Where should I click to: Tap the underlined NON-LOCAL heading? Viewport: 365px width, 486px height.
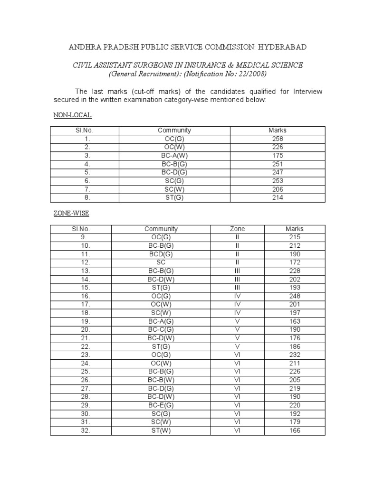[72, 115]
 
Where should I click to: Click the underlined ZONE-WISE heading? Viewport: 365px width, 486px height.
[71, 214]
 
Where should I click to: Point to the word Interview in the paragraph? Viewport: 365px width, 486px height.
[306, 92]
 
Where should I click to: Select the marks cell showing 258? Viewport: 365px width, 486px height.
[278, 139]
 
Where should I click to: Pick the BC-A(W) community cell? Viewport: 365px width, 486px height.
[174, 156]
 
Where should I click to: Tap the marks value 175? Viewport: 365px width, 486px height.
[278, 156]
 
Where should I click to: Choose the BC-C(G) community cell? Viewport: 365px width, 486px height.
[161, 330]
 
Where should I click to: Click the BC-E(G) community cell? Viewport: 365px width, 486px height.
[161, 406]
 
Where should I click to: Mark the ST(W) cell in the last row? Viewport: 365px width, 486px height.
[161, 431]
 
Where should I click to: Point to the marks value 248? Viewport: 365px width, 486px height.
[295, 296]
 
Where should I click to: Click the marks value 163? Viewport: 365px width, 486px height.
[295, 321]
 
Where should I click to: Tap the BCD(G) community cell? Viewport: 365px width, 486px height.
[161, 254]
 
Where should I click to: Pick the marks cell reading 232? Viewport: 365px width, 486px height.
[295, 355]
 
